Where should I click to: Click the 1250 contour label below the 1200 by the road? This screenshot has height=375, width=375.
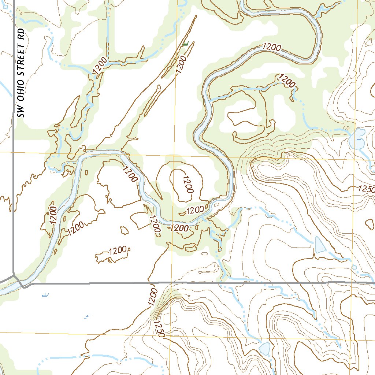(x=160, y=329)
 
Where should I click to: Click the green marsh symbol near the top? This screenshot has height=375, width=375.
(x=185, y=44)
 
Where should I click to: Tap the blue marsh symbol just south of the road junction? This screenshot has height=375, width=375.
(x=45, y=294)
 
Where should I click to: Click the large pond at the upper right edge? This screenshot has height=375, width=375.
(x=357, y=139)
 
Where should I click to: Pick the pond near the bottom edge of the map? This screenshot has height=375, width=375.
(x=264, y=348)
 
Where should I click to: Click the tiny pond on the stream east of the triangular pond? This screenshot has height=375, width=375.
(x=354, y=267)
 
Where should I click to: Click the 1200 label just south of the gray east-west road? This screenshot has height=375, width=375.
(x=153, y=297)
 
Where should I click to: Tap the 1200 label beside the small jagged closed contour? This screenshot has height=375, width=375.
(x=118, y=251)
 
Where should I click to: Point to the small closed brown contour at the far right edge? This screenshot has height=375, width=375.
(x=370, y=224)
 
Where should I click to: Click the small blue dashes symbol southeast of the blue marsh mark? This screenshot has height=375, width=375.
(x=87, y=316)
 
